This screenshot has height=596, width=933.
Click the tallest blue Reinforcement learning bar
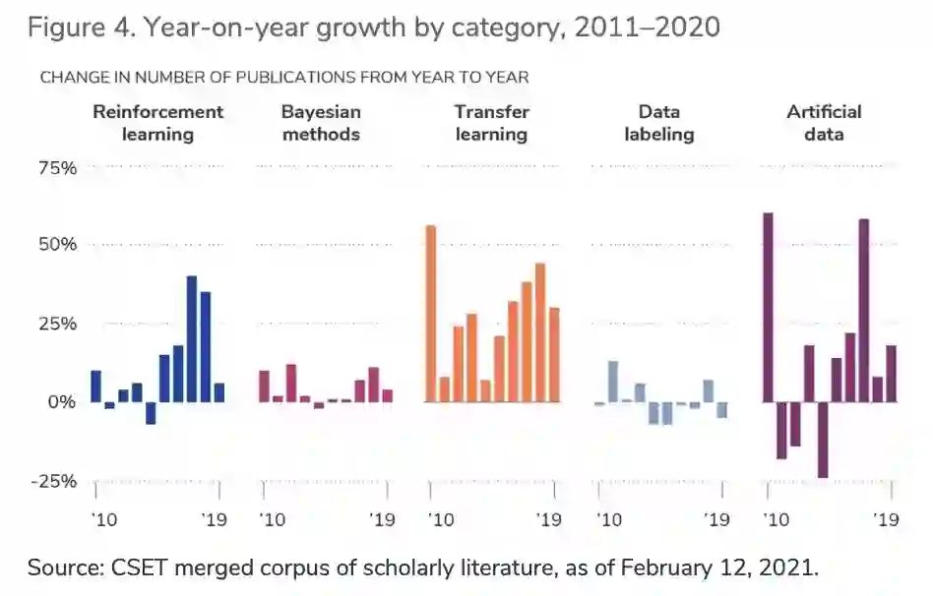pos(192,339)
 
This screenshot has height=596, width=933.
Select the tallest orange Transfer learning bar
pos(430,314)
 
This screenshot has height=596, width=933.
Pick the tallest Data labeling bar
pos(612,382)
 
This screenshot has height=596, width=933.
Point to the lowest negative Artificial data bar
pos(823,440)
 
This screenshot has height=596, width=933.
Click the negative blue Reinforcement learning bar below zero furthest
pos(151,413)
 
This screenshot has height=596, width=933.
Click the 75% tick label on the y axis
pos(57,168)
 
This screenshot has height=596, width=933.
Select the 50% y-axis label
pos(57,244)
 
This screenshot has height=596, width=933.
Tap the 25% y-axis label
pos(57,323)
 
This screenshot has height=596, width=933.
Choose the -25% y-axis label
pos(54,481)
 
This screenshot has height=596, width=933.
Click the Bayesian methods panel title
pos(321,123)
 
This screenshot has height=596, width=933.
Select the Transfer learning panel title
pos(492,123)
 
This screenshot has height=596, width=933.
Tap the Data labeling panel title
pos(658,123)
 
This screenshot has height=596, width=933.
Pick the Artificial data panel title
pos(824,123)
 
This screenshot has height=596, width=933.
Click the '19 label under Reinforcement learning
pos(217,519)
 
